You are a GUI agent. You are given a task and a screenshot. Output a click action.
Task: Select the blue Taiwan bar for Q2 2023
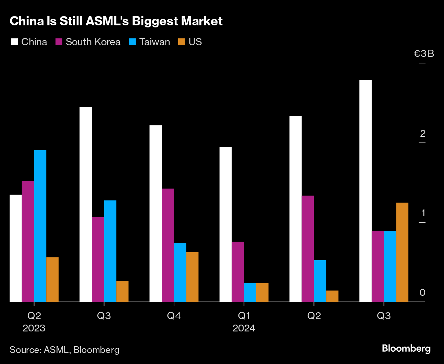tap(40, 226)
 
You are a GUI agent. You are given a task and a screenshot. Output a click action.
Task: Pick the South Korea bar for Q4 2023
tap(168, 245)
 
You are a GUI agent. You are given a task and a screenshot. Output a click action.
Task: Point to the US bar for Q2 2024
tap(332, 296)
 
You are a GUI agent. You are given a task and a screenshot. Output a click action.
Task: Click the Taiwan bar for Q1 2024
tap(250, 292)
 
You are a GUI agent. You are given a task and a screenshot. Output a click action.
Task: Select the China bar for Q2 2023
tap(16, 248)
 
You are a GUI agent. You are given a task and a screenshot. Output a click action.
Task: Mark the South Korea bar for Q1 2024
tap(238, 272)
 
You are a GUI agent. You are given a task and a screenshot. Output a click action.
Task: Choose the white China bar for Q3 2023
tap(86, 205)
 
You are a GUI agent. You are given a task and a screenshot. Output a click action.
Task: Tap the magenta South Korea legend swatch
tap(59, 42)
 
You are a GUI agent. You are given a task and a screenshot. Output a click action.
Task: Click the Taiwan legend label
tap(155, 42)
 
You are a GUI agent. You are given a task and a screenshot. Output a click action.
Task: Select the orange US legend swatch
tap(182, 42)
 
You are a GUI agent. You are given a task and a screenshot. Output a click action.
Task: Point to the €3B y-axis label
tap(424, 54)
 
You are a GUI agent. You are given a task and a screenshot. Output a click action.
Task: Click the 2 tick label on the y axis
tap(423, 134)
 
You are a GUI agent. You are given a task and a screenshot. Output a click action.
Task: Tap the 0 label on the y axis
tap(422, 293)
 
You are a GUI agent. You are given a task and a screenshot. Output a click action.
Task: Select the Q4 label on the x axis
tap(174, 316)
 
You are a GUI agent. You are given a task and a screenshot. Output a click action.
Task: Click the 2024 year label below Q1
tap(244, 328)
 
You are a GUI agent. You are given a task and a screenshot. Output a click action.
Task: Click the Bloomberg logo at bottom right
tap(406, 349)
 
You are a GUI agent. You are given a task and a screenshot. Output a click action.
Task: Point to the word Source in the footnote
tap(25, 350)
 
